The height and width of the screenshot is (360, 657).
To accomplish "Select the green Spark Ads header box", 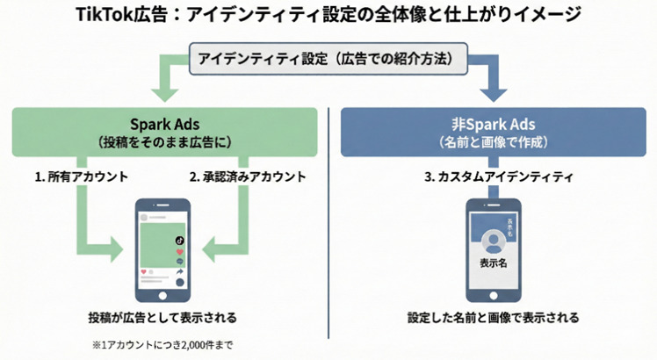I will tap(165, 132).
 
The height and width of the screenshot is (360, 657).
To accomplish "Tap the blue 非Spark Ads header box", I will tap(494, 132).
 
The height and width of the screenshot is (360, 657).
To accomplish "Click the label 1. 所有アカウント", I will tap(81, 176).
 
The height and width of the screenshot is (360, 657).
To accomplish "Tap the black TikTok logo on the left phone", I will tap(179, 238).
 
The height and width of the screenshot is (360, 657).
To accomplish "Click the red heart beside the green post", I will tap(179, 251).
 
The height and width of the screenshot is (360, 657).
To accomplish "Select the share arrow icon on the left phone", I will tap(179, 273).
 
